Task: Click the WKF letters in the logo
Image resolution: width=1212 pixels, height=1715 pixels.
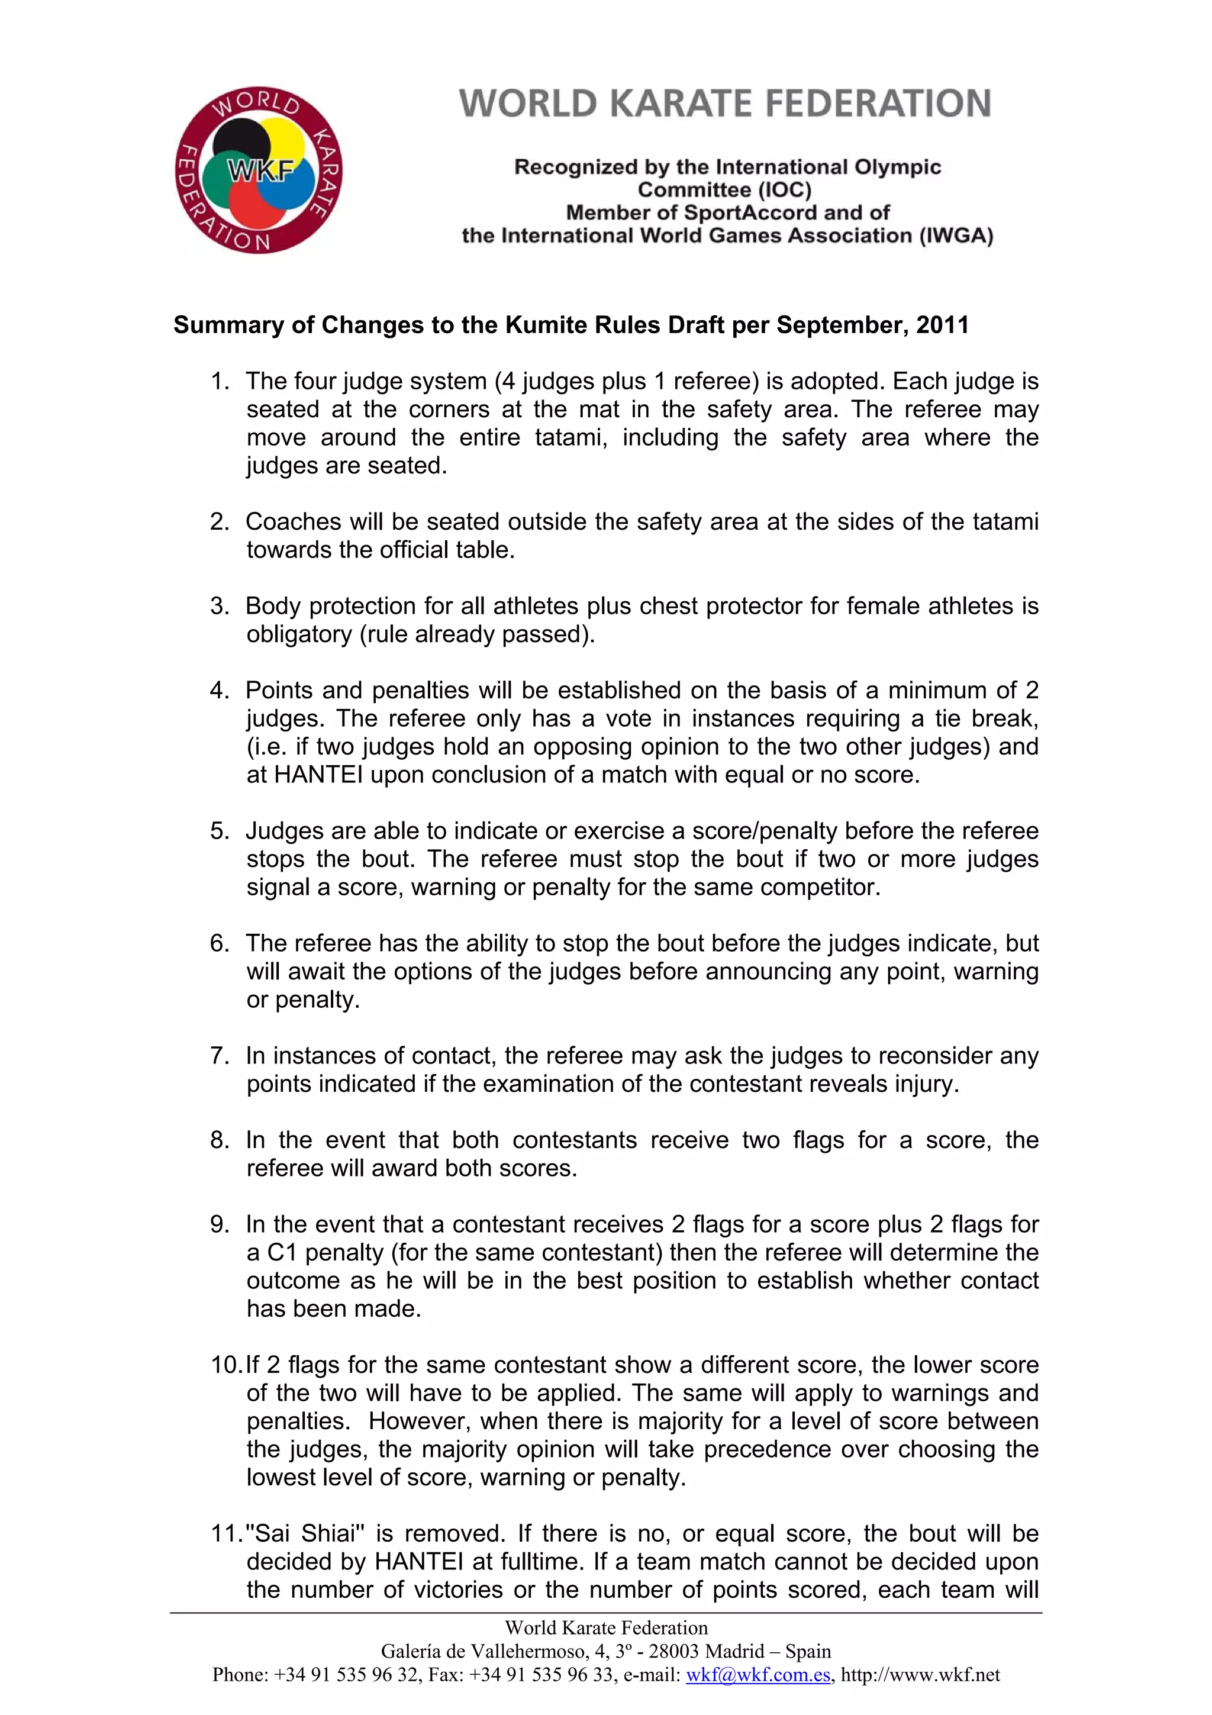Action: (260, 172)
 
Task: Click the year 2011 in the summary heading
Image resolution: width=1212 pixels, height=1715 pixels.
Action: (942, 325)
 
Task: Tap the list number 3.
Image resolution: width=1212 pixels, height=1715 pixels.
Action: (219, 606)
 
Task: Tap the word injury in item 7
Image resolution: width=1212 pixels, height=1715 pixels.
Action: (926, 1084)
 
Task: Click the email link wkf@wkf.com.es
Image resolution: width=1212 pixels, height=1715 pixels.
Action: (758, 1675)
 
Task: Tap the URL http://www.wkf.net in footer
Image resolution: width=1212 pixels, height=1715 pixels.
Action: (920, 1675)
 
